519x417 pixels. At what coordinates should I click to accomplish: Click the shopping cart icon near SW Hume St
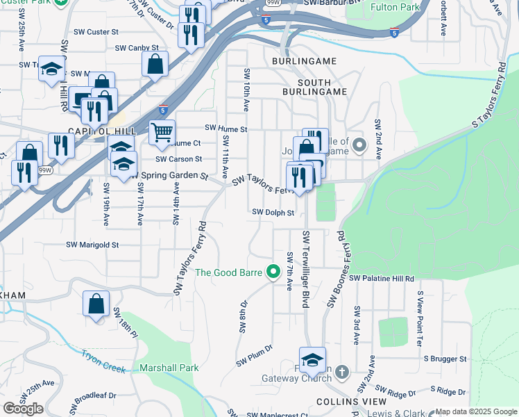pyautogui.click(x=162, y=131)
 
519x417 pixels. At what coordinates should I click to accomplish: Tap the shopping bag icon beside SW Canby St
pyautogui.click(x=155, y=64)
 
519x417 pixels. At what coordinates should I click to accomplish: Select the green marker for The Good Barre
pyautogui.click(x=273, y=272)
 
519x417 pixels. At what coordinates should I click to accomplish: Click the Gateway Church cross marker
pyautogui.click(x=341, y=373)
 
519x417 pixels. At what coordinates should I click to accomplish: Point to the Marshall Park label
pyautogui.click(x=169, y=368)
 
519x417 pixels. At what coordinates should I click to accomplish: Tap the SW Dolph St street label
pyautogui.click(x=273, y=212)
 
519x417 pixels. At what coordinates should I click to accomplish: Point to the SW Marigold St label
pyautogui.click(x=92, y=245)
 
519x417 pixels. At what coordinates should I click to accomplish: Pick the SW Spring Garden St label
pyautogui.click(x=169, y=176)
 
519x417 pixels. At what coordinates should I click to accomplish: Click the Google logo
pyautogui.click(x=23, y=409)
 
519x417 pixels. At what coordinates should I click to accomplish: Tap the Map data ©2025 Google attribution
pyautogui.click(x=476, y=411)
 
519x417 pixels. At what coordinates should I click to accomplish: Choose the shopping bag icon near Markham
pyautogui.click(x=96, y=304)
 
